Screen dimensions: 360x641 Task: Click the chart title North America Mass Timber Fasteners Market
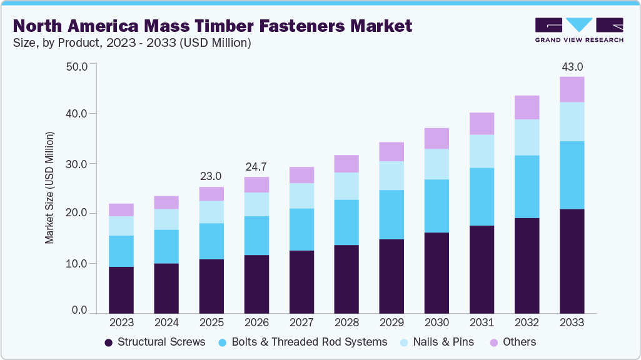point(213,26)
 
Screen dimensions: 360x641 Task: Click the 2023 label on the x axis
point(121,322)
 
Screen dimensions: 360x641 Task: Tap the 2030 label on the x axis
point(437,322)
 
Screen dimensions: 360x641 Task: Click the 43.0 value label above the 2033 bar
point(572,66)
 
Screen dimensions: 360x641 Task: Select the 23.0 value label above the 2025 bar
point(211,176)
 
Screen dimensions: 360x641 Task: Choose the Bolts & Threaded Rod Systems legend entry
point(303,342)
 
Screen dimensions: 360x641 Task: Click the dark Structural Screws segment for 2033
point(572,261)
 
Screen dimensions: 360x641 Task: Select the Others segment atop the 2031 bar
point(482,124)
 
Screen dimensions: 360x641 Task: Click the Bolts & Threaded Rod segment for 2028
point(346,222)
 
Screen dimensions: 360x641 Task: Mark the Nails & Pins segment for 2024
point(166,219)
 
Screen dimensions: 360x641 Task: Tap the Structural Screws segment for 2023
point(121,290)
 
